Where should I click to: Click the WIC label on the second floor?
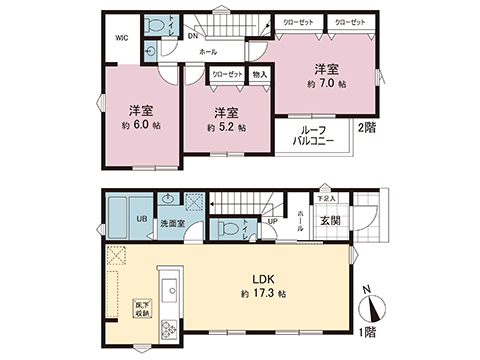(121, 38)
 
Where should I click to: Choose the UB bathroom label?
(142, 219)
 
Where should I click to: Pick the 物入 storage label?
(259, 74)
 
